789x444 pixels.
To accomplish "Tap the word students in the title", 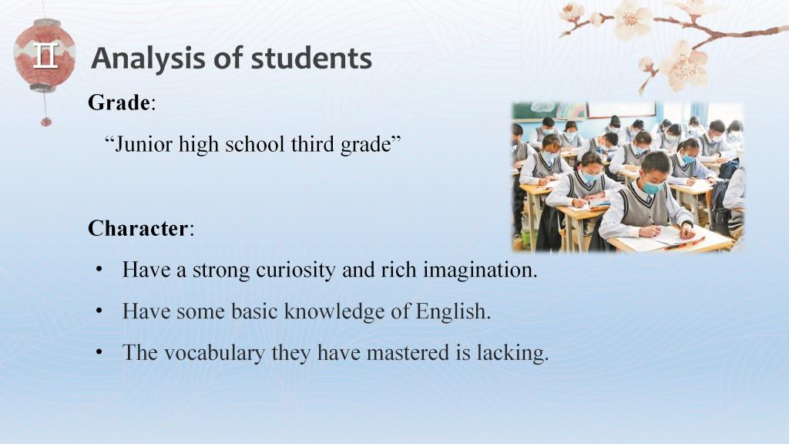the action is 311,58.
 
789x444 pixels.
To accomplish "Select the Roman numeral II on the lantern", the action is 45,55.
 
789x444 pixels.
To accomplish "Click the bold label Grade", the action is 119,103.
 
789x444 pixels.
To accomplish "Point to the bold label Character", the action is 138,228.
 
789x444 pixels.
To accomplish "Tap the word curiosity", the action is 296,271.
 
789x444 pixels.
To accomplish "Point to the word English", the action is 453,311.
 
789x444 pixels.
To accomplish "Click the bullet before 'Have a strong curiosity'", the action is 99,270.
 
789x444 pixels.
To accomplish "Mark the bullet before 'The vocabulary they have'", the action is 99,352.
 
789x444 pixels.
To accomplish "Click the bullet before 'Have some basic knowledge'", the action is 99,311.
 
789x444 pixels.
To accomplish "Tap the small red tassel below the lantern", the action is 45,121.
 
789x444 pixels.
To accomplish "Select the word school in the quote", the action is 257,144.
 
